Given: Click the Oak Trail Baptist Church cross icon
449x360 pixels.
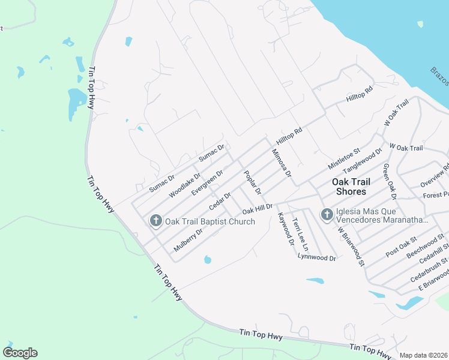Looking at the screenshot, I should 156,221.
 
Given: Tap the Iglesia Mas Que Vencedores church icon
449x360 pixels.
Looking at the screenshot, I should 327,214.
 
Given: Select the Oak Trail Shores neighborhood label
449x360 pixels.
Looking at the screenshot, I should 349,187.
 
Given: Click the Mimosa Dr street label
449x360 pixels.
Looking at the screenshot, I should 281,163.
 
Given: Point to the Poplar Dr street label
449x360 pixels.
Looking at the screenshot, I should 252,183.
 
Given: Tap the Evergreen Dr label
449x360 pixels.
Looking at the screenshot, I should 207,182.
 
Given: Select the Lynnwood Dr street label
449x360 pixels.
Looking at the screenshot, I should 316,257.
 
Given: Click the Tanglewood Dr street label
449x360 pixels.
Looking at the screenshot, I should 362,160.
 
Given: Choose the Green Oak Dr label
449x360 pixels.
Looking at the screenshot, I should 390,181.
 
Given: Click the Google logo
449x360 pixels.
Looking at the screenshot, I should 20,352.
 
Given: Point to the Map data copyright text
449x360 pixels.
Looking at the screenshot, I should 424,355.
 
